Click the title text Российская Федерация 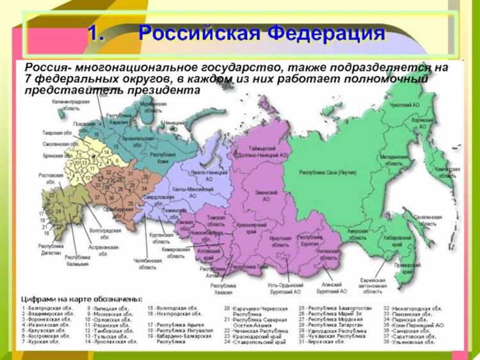tap(262, 33)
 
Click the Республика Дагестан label tap(52, 249)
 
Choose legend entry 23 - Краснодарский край tap(253, 336)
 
